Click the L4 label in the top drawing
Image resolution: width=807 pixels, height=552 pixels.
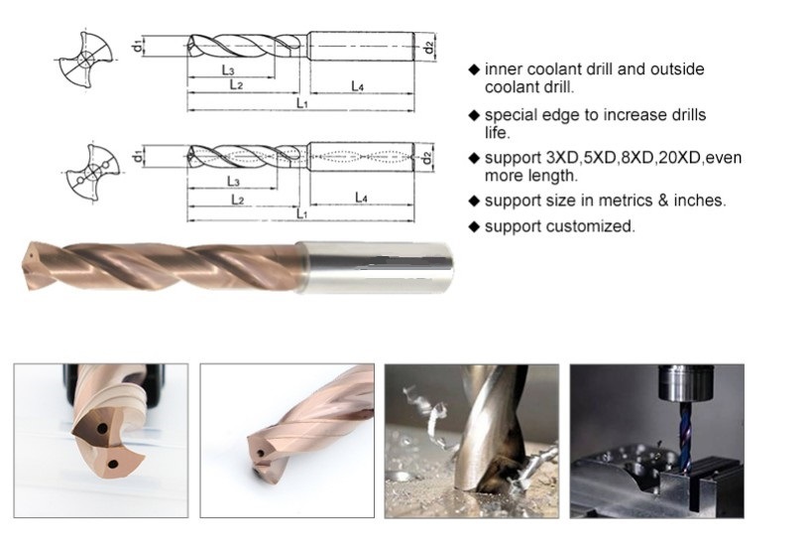pos(359,87)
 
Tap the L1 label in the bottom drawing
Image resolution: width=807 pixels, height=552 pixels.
pos(302,213)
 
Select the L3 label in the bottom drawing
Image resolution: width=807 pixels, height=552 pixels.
pos(232,181)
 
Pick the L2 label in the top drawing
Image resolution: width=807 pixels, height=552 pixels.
pos(237,86)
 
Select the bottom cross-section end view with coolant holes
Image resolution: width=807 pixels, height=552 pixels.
pos(86,174)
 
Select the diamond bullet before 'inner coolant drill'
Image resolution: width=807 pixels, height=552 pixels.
pos(474,70)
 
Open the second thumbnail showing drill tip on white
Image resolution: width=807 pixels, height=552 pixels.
pos(287,440)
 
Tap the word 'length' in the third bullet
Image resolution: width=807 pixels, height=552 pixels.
pos(552,176)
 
